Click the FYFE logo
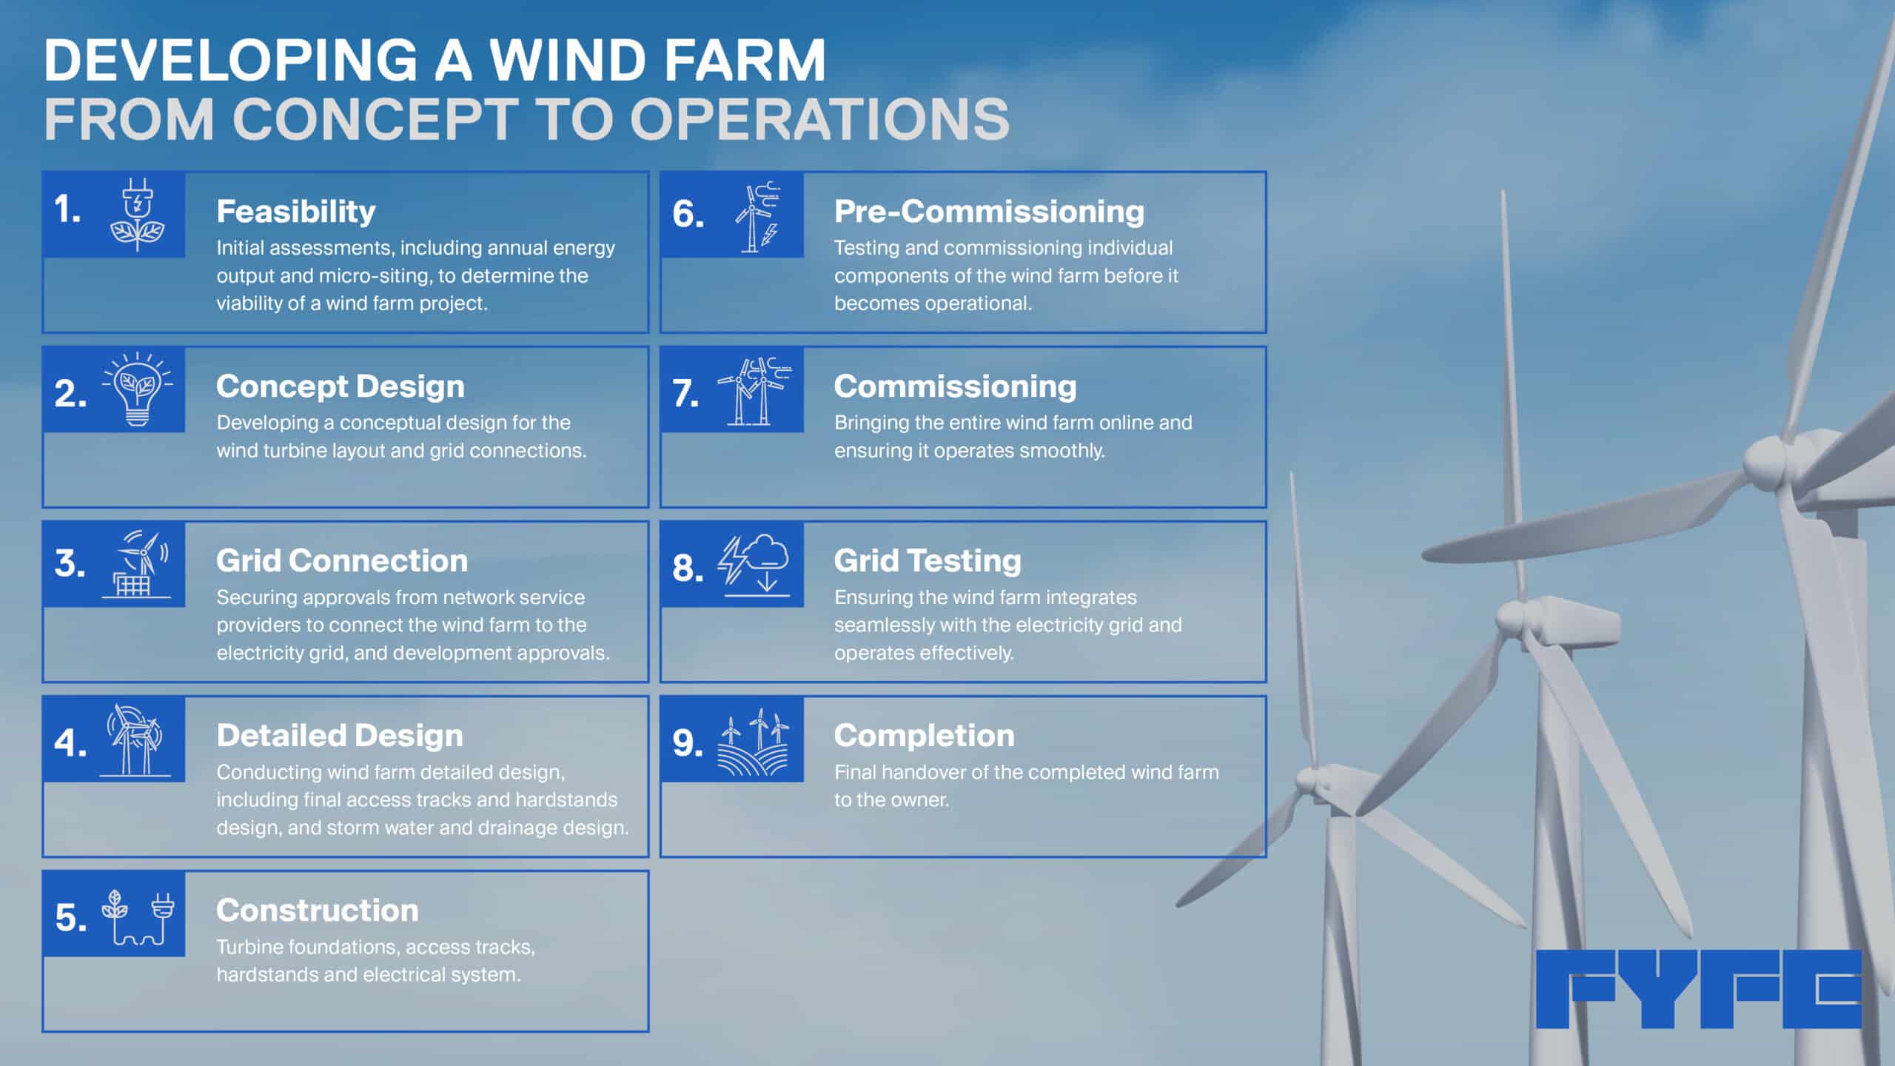(x=1698, y=989)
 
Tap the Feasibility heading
(x=296, y=212)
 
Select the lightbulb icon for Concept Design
(x=138, y=390)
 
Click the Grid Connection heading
(x=342, y=561)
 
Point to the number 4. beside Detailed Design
(x=70, y=742)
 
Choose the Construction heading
(x=318, y=911)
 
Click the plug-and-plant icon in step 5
(x=138, y=918)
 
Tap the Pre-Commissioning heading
(x=990, y=212)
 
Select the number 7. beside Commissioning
(x=686, y=393)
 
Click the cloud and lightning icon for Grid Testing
(x=754, y=565)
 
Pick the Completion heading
(x=925, y=736)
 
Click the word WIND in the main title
(x=568, y=60)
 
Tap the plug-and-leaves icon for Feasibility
(x=138, y=215)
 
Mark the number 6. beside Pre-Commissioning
(x=688, y=214)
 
